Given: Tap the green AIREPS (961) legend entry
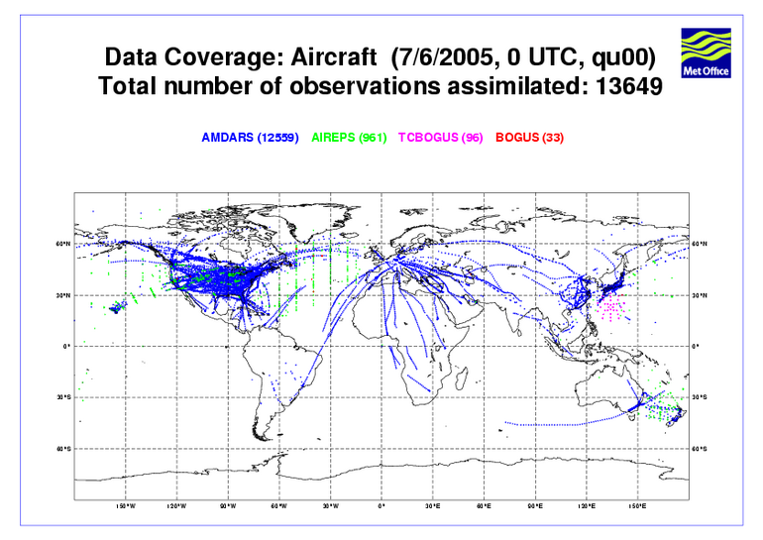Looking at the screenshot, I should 349,138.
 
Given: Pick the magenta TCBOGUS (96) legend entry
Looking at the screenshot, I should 442,138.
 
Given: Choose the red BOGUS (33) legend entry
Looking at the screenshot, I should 529,138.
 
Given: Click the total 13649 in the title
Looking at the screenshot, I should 629,87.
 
